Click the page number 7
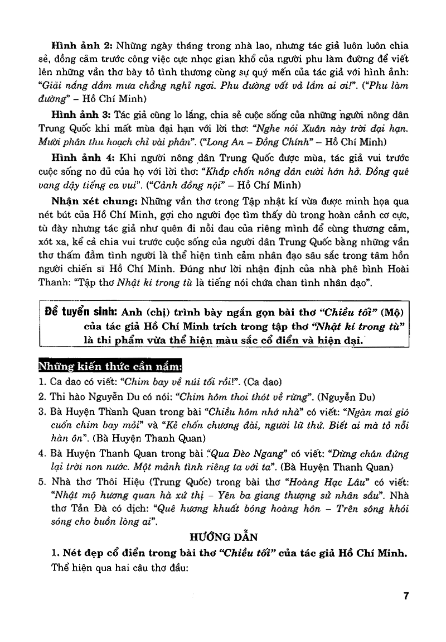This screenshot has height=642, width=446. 406,596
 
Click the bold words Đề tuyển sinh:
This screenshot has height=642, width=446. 80,312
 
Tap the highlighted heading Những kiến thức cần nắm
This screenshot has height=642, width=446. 109,366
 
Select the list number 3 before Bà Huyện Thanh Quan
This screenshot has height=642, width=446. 41,412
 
